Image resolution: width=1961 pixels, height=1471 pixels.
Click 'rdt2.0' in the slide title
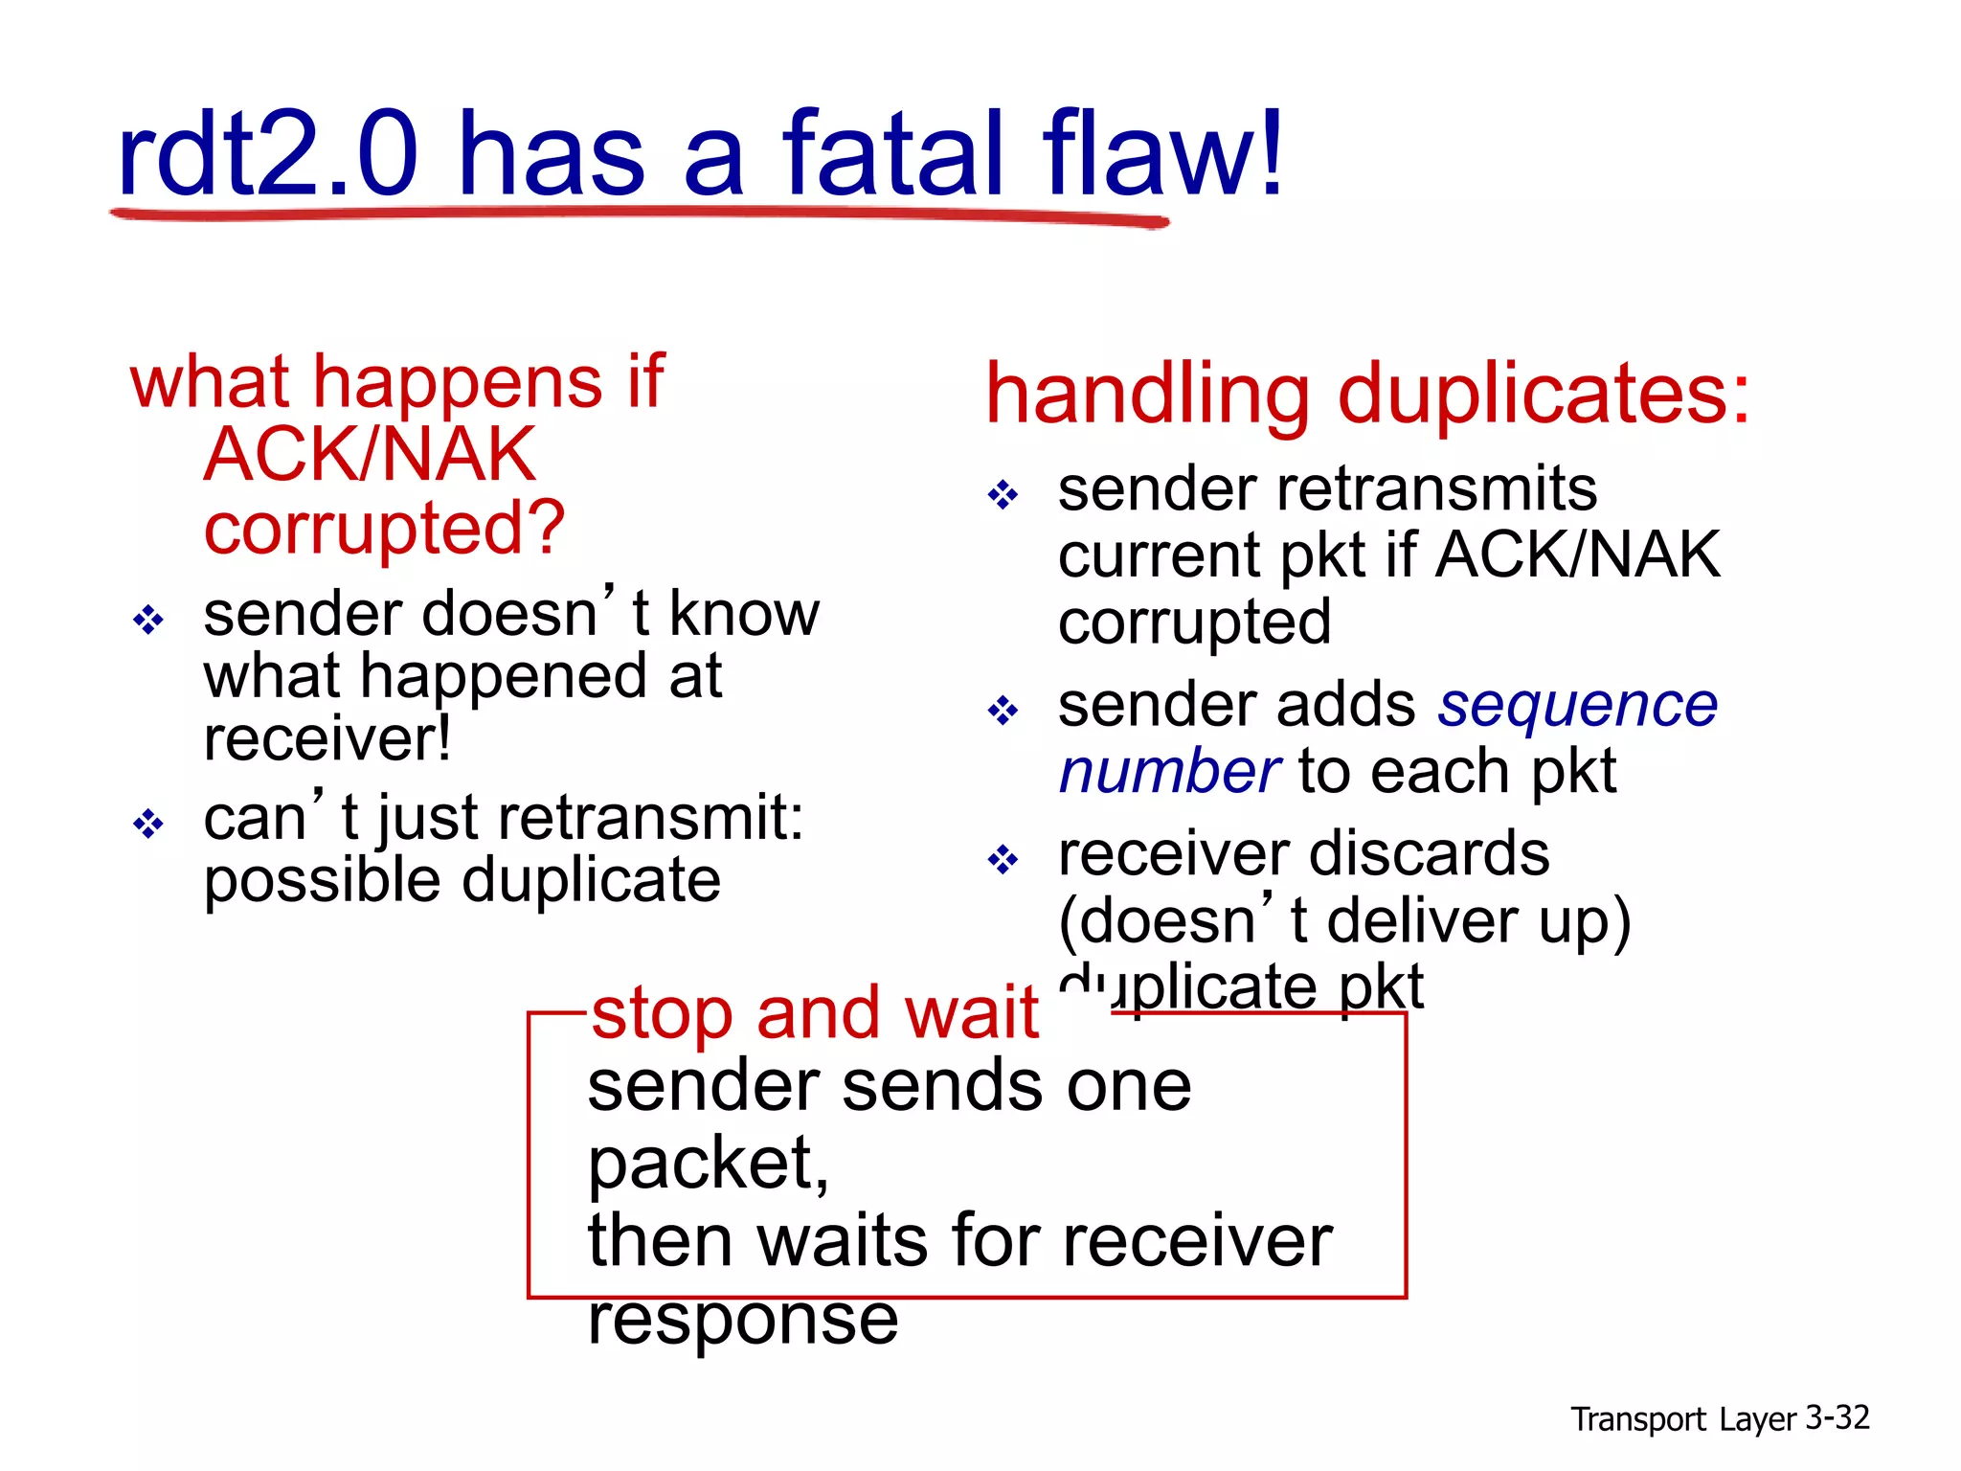point(267,153)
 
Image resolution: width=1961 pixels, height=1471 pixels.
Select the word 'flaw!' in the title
point(1162,153)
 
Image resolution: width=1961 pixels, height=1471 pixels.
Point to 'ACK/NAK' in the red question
point(370,455)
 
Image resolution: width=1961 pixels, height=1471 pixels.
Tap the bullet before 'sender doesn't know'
point(148,621)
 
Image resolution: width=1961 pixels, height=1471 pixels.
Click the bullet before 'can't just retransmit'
point(148,824)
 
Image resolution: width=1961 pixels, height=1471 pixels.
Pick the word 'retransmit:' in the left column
point(651,819)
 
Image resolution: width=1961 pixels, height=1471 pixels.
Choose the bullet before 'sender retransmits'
point(1003,495)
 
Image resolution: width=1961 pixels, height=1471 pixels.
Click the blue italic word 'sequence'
point(1578,706)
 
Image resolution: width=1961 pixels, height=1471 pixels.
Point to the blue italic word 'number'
point(1169,772)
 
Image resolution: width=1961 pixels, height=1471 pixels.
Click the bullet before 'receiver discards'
point(1003,859)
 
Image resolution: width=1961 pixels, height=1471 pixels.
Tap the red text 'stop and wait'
point(815,1013)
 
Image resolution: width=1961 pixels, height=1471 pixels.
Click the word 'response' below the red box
point(743,1320)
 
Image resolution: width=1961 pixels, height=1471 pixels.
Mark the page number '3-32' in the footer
point(1837,1417)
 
